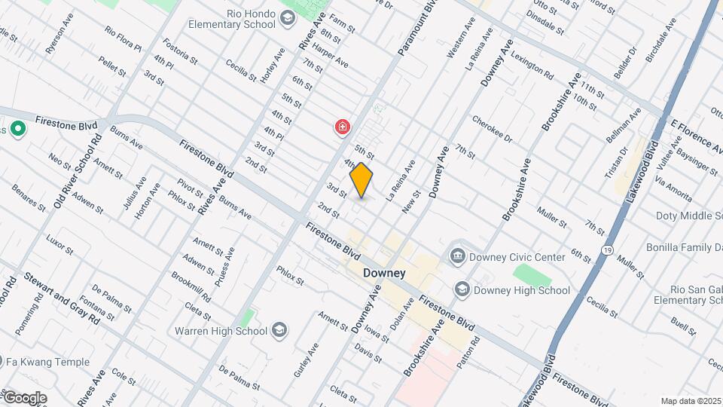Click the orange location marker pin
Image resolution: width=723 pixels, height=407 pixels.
click(x=361, y=180)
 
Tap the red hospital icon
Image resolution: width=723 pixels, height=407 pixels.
click(x=343, y=127)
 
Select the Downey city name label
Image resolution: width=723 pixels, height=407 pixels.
click(x=384, y=273)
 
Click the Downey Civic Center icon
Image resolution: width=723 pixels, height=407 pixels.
click(x=457, y=257)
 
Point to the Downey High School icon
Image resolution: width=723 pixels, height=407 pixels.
click(x=462, y=289)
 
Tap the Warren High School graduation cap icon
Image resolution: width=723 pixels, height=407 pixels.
click(x=279, y=330)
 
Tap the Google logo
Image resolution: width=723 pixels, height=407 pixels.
click(x=24, y=398)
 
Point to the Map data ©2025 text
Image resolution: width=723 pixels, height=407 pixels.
click(x=691, y=401)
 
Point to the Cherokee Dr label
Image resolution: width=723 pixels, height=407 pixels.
click(x=492, y=128)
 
